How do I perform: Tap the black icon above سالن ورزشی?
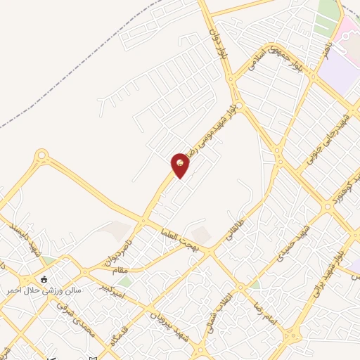click(44, 278)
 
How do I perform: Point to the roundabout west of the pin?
click(41, 155)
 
